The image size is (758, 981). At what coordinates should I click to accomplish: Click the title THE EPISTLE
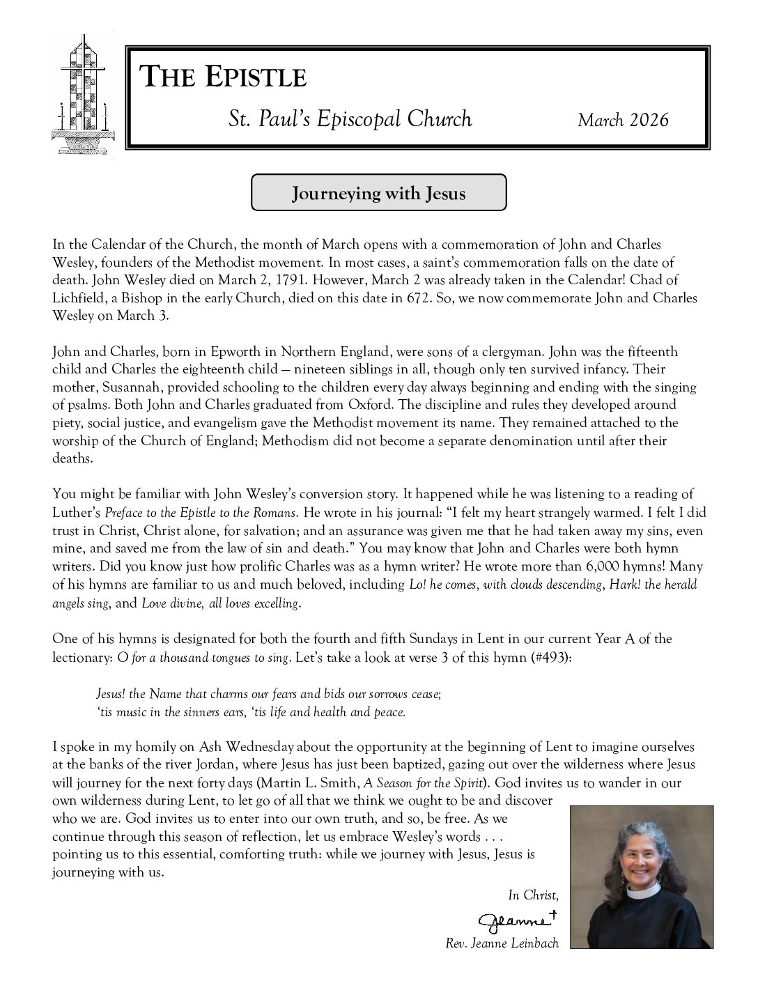coord(224,77)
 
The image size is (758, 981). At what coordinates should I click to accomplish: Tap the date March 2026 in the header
coord(623,120)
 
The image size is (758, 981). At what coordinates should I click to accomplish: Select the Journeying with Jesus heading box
coord(378,193)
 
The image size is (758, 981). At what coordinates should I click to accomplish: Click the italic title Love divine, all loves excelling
coord(220,603)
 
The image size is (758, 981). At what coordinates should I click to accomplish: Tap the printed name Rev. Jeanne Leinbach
coord(502,944)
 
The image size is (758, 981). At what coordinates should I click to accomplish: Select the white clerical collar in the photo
coord(640,892)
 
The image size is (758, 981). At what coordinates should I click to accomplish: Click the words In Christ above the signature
coord(532,895)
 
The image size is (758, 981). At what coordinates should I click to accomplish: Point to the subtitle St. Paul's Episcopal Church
coord(350,119)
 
